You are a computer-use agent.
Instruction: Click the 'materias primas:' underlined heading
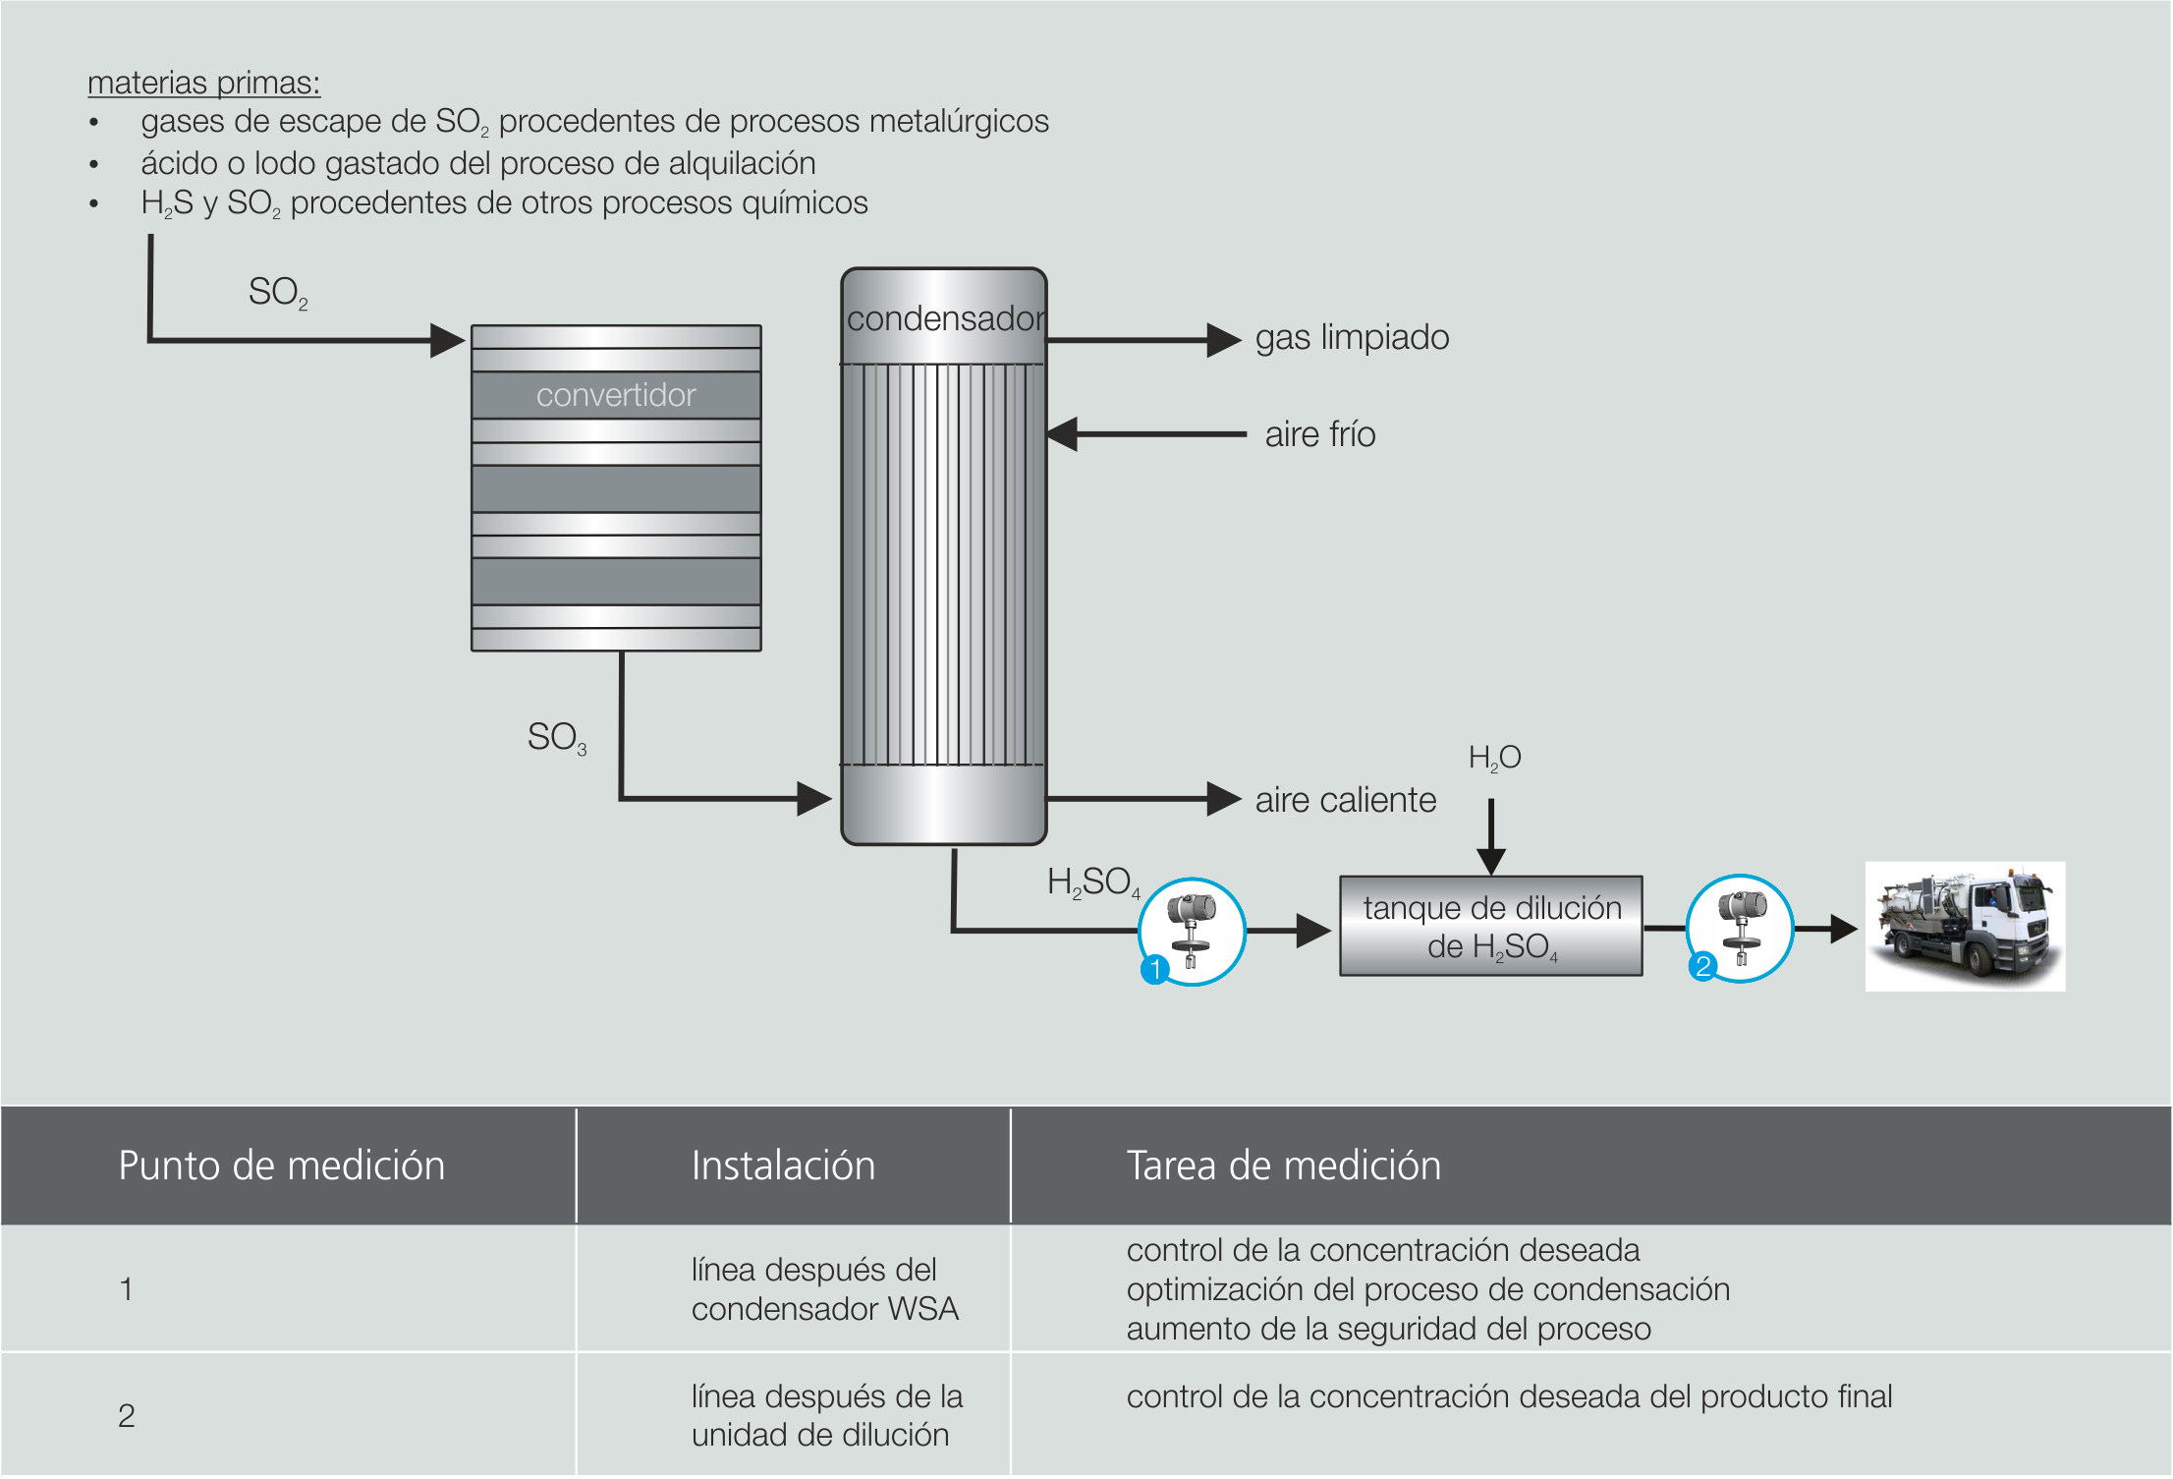point(203,83)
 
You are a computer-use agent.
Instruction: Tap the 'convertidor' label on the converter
point(616,395)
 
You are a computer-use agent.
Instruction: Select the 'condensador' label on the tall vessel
point(944,318)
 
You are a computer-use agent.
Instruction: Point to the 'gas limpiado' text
point(1352,337)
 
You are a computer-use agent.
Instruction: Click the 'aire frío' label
point(1319,434)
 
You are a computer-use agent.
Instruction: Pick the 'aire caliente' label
point(1345,800)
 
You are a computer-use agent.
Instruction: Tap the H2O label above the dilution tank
point(1494,757)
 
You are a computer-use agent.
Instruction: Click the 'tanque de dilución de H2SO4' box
point(1491,926)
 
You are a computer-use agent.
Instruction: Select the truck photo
point(1965,926)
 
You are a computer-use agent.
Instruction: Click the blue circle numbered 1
point(1155,969)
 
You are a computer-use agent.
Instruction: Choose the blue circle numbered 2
point(1702,966)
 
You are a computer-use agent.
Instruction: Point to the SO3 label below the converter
point(556,737)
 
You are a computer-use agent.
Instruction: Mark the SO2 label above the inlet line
point(277,292)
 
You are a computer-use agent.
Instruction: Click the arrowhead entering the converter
point(447,341)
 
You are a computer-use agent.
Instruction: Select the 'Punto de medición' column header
point(281,1166)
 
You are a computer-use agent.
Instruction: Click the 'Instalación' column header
point(783,1166)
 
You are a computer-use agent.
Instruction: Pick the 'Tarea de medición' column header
point(1283,1166)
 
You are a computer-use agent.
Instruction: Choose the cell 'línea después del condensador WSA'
point(824,1289)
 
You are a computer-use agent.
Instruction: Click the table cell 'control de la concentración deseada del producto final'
point(1509,1396)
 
